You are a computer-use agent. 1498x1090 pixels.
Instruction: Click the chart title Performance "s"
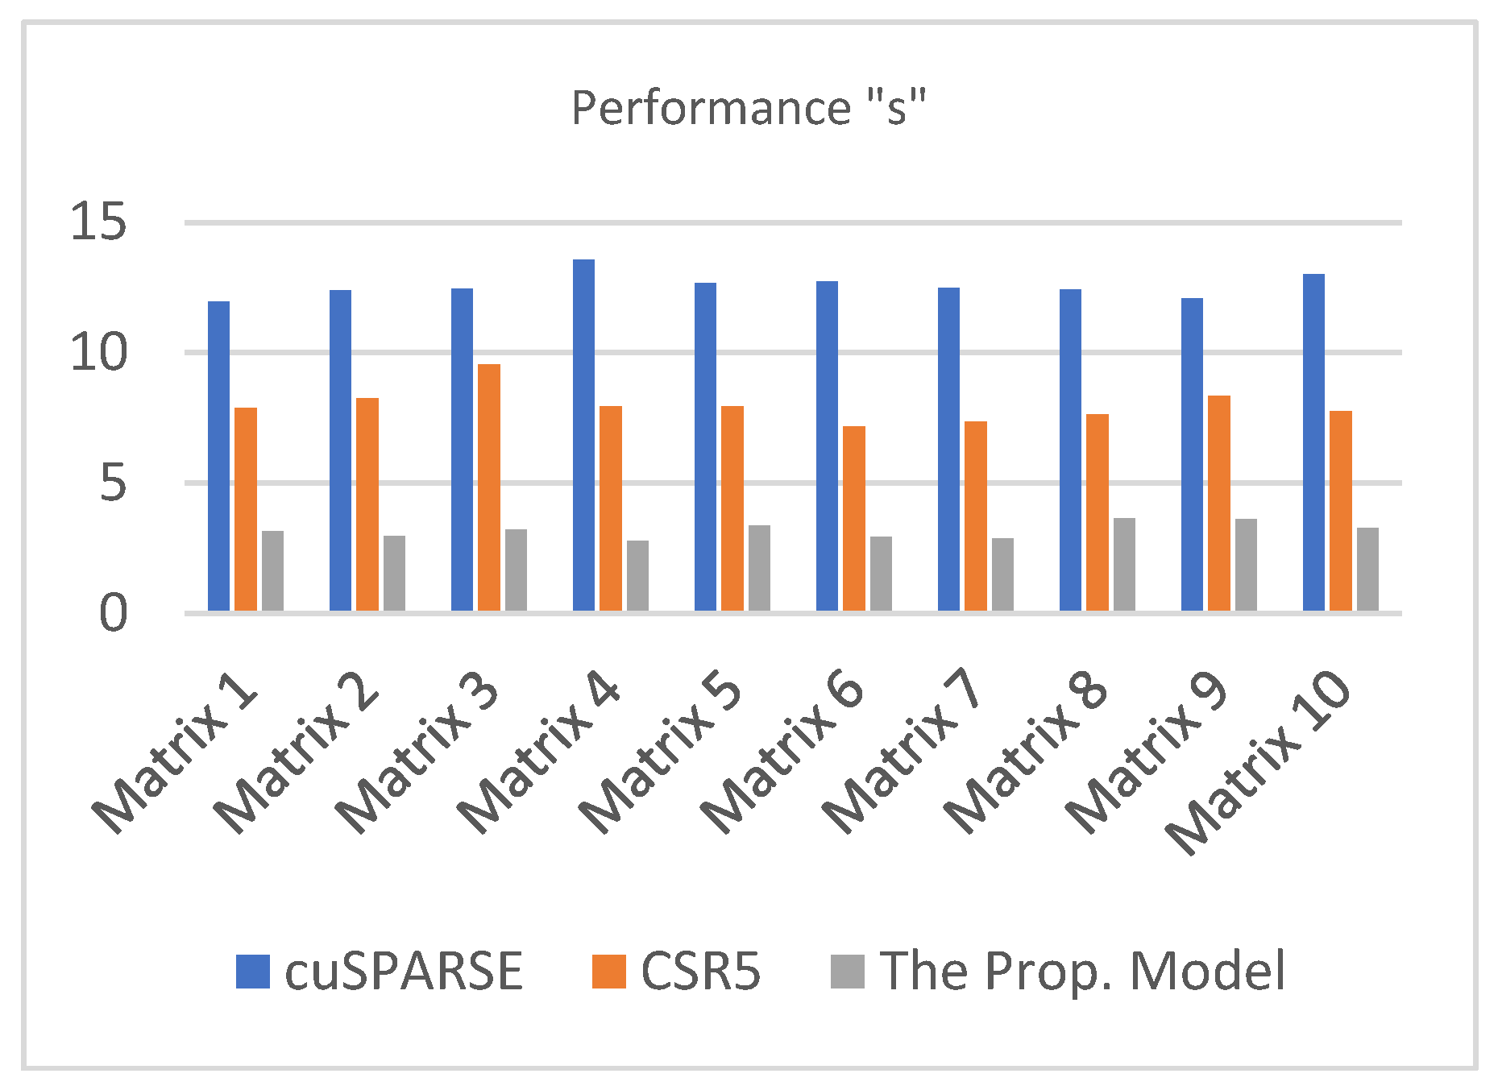749,108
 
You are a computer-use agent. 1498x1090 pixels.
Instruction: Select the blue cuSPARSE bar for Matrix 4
583,435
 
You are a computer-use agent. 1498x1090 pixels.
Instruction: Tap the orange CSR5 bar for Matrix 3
489,487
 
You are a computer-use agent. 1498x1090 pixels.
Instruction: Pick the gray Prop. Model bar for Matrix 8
1124,564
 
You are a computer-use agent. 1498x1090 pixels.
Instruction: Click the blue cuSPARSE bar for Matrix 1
218,456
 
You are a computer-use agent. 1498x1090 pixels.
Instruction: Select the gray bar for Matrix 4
637,575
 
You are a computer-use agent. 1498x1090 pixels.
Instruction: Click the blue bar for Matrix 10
1313,442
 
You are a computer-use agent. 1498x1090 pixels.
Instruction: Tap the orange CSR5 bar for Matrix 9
1219,503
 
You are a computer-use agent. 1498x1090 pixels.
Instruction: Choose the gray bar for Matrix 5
759,568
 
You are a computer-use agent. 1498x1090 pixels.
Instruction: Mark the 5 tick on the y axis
113,483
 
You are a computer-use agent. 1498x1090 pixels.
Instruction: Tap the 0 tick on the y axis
113,614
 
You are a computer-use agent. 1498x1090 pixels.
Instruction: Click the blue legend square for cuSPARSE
252,972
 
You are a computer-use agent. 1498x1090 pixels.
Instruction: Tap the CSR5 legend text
700,971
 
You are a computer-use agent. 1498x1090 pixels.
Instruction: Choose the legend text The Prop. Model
1082,971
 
